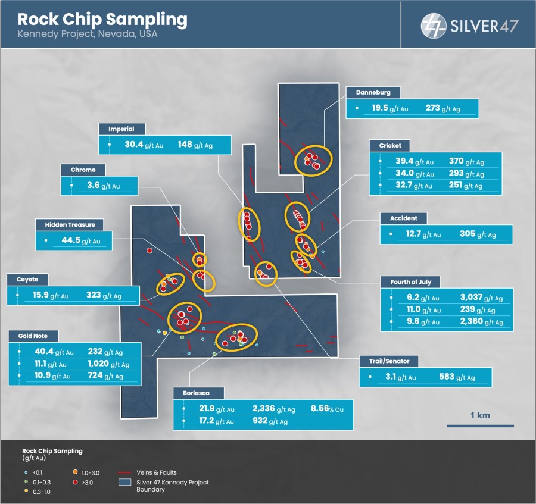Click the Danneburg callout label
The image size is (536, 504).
tap(373, 93)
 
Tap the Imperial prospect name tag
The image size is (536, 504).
tap(121, 129)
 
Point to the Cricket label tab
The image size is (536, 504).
tap(390, 146)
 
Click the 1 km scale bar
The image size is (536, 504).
tap(480, 425)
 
